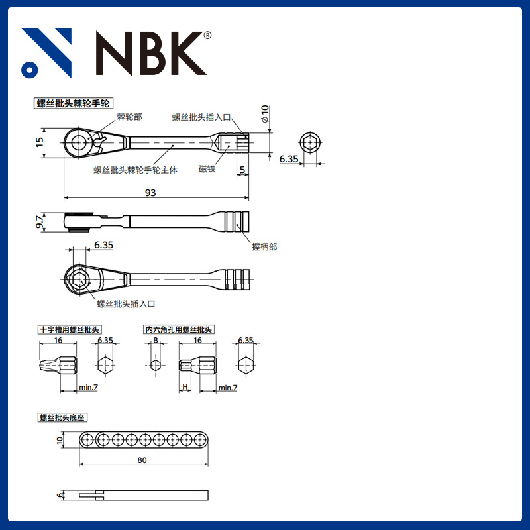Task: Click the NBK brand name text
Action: click(151, 53)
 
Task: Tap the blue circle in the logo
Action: click(30, 70)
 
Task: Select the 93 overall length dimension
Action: click(150, 193)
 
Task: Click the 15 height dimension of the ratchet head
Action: click(40, 142)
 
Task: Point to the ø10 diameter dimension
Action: click(264, 113)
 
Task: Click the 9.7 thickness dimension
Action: click(40, 222)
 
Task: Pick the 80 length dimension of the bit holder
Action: click(142, 460)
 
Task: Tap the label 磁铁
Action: click(207, 169)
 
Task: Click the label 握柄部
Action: click(264, 246)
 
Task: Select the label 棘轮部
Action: click(129, 117)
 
